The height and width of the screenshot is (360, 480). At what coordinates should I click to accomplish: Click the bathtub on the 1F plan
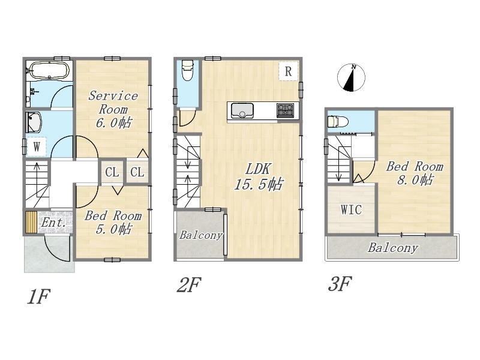click(49, 71)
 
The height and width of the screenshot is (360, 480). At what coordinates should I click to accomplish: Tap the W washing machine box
click(37, 147)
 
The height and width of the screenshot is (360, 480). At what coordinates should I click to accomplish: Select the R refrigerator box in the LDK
click(288, 71)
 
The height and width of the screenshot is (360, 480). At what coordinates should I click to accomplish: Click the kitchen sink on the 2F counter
click(242, 110)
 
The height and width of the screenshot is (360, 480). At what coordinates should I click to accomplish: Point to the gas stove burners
click(285, 110)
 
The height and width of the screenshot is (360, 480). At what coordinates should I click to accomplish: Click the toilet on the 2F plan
click(187, 70)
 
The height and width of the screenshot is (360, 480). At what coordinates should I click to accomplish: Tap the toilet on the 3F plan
click(338, 122)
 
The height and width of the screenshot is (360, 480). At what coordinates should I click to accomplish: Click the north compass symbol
click(351, 77)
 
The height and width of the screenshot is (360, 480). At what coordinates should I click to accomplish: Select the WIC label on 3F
click(351, 209)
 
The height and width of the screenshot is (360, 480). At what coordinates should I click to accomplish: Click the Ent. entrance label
click(53, 223)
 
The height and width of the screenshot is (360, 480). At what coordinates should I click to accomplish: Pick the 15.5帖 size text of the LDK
click(259, 185)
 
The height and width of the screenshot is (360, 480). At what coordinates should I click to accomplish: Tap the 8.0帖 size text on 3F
click(415, 180)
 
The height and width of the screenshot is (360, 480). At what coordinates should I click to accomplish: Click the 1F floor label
click(38, 296)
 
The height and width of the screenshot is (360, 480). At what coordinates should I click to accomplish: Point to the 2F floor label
click(189, 284)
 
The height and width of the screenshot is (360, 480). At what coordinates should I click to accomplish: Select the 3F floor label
click(340, 284)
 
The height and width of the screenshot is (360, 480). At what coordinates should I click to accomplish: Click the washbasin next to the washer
click(34, 122)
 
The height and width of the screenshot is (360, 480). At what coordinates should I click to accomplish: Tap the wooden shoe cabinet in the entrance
click(31, 222)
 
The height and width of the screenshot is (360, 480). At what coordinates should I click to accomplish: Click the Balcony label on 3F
click(393, 248)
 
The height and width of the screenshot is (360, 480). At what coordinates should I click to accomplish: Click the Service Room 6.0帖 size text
click(113, 123)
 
